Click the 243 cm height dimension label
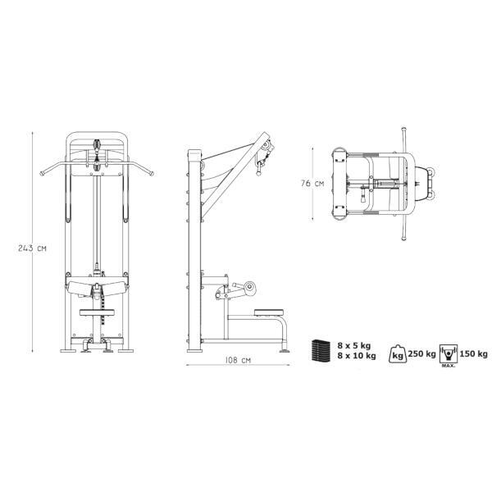click(x=32, y=248)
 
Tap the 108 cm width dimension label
click(x=238, y=360)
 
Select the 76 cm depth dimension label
click(x=312, y=184)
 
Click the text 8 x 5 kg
click(x=354, y=345)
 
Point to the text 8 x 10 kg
click(x=357, y=356)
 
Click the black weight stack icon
click(x=321, y=351)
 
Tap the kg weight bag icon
click(x=398, y=354)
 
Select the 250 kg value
click(x=421, y=354)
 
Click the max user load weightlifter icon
click(x=449, y=353)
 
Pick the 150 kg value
click(x=473, y=354)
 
